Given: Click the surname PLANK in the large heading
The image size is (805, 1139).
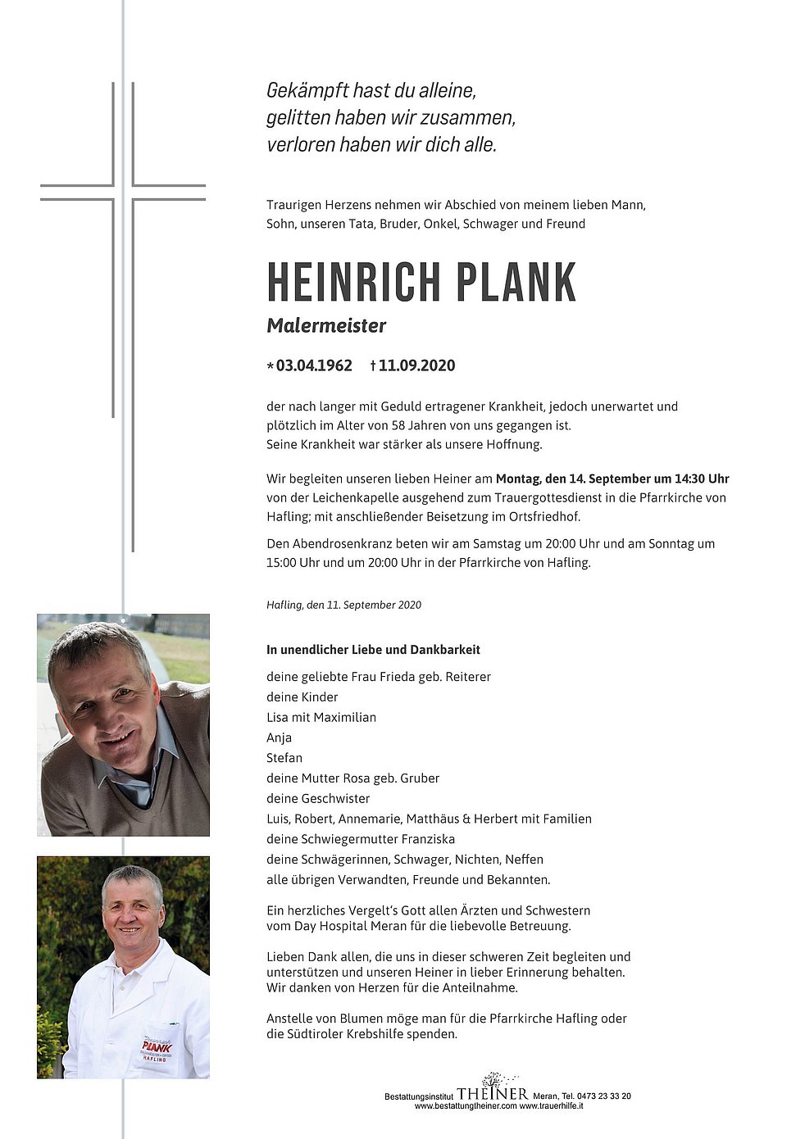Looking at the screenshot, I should pyautogui.click(x=516, y=284).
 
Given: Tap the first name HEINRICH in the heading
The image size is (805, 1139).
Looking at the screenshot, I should pyautogui.click(x=354, y=284).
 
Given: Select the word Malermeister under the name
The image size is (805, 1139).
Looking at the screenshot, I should pyautogui.click(x=326, y=325).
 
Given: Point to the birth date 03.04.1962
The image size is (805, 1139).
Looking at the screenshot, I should pyautogui.click(x=314, y=365).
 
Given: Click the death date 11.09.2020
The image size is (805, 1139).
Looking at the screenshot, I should pyautogui.click(x=416, y=365).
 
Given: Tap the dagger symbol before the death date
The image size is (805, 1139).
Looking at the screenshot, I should pyautogui.click(x=373, y=365).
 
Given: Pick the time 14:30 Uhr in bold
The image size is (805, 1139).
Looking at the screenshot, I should pyautogui.click(x=702, y=479).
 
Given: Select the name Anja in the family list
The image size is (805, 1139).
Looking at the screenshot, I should pyautogui.click(x=279, y=737).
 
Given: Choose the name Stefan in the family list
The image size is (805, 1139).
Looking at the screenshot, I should pyautogui.click(x=284, y=758).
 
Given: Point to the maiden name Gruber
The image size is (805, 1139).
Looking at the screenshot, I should pyautogui.click(x=419, y=778).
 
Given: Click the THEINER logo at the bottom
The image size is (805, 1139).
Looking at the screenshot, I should pyautogui.click(x=493, y=1093).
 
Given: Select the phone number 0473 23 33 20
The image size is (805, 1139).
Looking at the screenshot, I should pyautogui.click(x=603, y=1096).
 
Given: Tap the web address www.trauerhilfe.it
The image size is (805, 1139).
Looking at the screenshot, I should pyautogui.click(x=551, y=1106).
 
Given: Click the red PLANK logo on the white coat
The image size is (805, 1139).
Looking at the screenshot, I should pyautogui.click(x=156, y=1046).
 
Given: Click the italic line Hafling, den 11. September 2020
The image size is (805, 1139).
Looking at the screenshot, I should pyautogui.click(x=343, y=605).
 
